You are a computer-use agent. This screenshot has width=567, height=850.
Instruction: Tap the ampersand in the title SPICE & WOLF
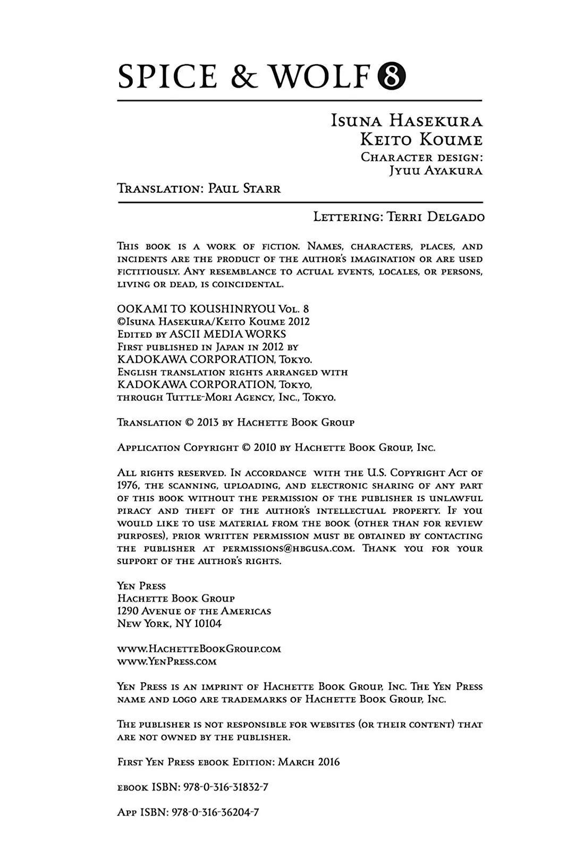[244, 77]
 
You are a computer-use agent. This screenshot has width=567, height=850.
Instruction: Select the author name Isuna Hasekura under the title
[407, 121]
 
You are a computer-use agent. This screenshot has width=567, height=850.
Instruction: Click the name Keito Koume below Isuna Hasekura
[421, 140]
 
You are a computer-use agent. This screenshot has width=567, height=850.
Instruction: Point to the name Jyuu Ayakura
[435, 171]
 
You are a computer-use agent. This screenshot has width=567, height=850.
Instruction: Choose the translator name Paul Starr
[244, 189]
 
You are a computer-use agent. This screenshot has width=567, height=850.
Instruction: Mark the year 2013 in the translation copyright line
[208, 422]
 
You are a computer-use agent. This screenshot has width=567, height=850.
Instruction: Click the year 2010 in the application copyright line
[265, 447]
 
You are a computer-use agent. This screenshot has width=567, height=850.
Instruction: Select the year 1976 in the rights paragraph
[128, 486]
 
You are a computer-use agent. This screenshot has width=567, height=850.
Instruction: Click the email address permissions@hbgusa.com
[288, 548]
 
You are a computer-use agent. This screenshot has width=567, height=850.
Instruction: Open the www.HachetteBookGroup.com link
[199, 649]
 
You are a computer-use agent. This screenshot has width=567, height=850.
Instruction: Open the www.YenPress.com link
[167, 661]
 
